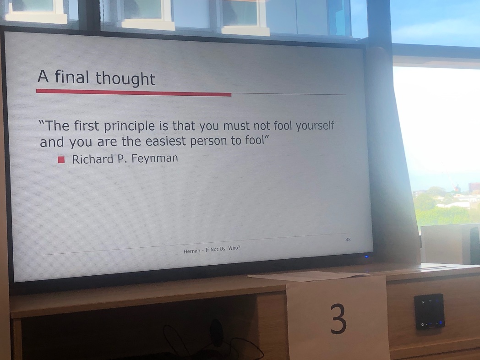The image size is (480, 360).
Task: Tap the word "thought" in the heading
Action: (125, 79)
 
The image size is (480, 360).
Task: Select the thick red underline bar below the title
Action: (133, 93)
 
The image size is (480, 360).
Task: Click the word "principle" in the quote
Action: (136, 126)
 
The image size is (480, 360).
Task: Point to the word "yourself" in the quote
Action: (315, 125)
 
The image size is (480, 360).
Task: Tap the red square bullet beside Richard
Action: (61, 160)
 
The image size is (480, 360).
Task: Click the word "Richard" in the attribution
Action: (92, 159)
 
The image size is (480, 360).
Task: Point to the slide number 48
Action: (348, 240)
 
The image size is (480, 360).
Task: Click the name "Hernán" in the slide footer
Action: (192, 251)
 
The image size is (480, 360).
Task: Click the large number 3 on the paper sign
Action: (338, 319)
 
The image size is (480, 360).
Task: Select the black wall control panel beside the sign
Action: (429, 311)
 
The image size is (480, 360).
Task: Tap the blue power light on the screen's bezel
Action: (366, 257)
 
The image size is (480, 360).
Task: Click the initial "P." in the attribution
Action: (122, 159)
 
